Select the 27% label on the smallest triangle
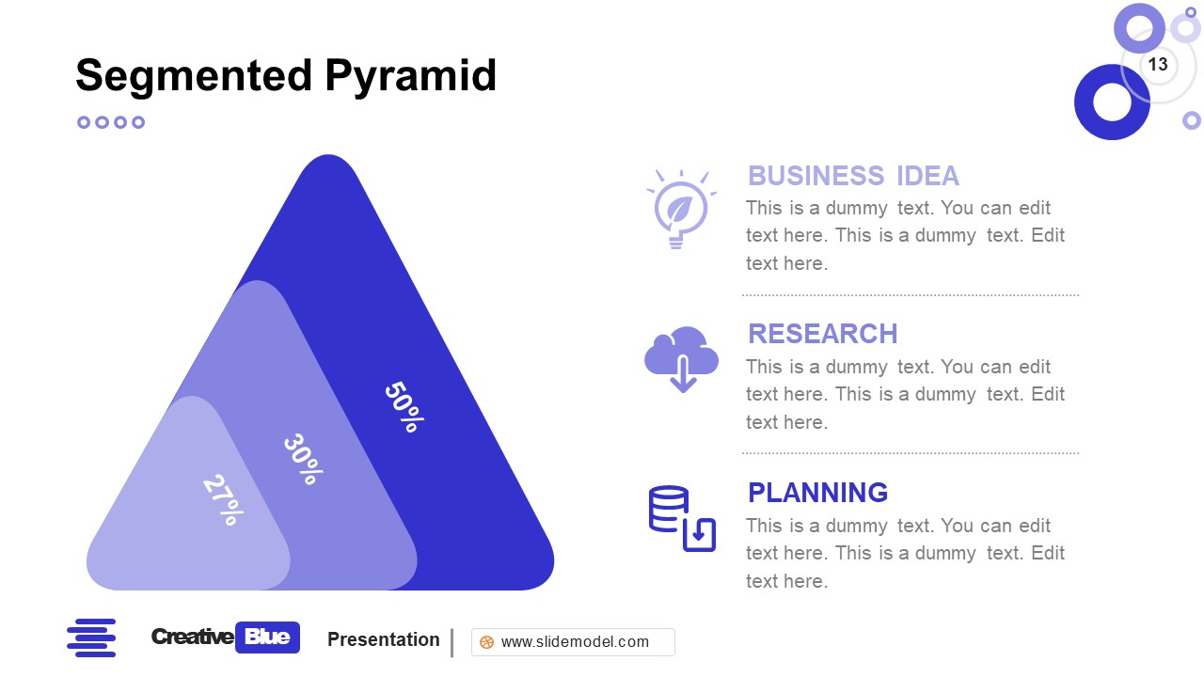click(223, 499)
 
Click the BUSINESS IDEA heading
click(853, 176)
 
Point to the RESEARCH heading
click(822, 334)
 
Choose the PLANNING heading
click(817, 493)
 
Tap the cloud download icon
click(682, 358)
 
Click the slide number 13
click(1158, 64)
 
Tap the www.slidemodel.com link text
click(575, 642)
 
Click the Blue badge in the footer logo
click(267, 638)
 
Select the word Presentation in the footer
click(383, 639)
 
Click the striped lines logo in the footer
click(91, 638)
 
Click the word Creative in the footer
click(192, 638)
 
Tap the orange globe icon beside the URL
click(486, 643)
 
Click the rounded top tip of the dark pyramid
click(328, 165)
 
